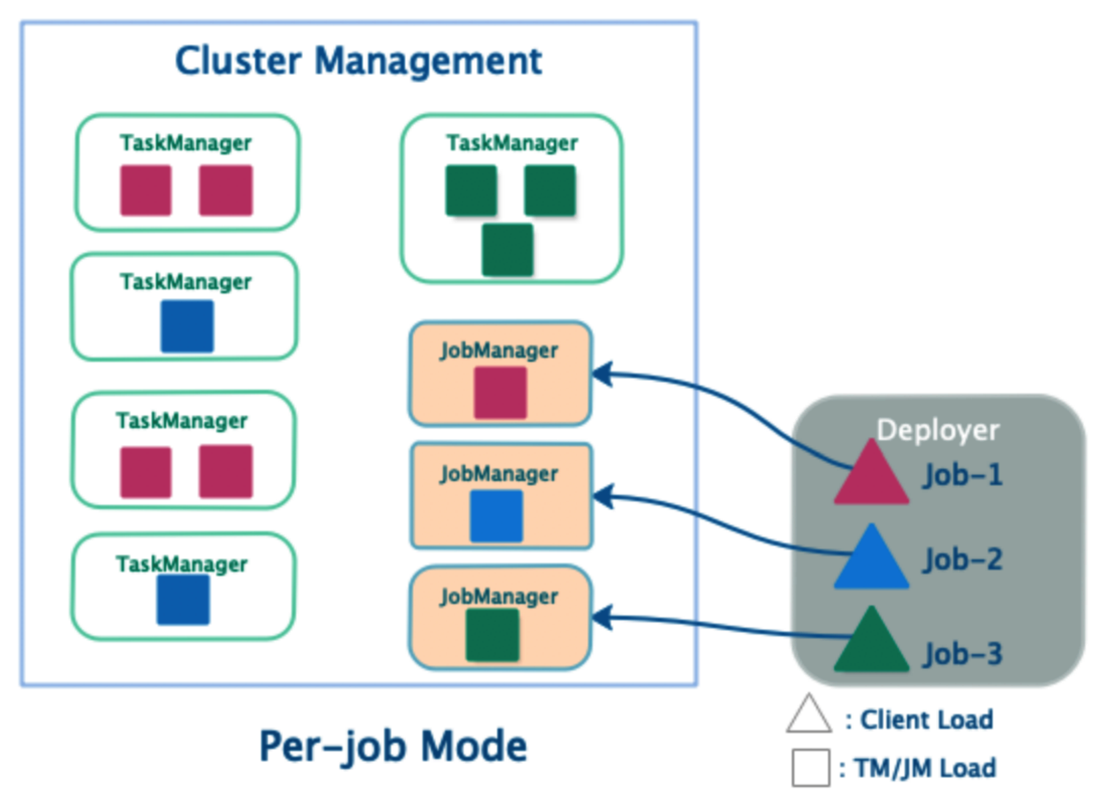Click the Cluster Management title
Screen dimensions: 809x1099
tap(358, 60)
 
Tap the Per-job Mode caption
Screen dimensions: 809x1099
tap(393, 746)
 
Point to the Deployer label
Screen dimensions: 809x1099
tap(938, 430)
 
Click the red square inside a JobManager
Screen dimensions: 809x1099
tap(500, 393)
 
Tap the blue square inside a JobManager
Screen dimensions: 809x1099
tap(497, 516)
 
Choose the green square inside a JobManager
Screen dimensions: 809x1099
tap(493, 635)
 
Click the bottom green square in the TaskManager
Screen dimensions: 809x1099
tap(508, 250)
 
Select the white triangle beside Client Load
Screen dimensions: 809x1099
tap(808, 716)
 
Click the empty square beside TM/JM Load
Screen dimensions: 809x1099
tap(811, 768)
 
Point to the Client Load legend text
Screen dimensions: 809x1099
tap(926, 719)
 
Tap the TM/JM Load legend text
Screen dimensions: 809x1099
tap(925, 769)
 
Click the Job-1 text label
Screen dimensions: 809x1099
tap(963, 475)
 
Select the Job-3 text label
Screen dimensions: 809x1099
tap(963, 654)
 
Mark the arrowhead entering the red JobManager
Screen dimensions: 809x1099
tap(601, 374)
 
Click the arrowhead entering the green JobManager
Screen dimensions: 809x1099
tap(601, 618)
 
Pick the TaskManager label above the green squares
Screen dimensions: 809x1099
tap(512, 143)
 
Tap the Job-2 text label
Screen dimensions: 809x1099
tap(963, 560)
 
